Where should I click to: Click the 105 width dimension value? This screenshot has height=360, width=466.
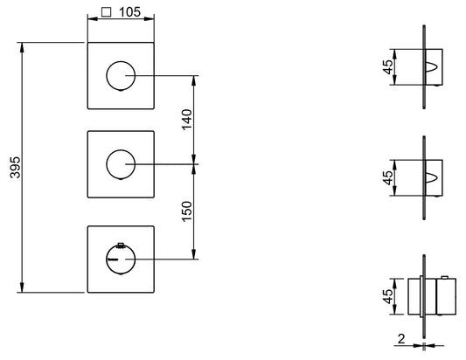point(129,12)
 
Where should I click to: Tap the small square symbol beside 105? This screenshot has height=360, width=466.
point(107,12)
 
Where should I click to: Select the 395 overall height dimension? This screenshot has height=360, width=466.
point(15,167)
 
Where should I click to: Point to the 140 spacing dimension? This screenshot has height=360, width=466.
point(187,120)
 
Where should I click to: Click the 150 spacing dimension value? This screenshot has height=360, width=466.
point(187,211)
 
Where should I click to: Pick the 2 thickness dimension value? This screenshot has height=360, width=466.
point(401,339)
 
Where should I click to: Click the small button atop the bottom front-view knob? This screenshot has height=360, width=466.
point(121,245)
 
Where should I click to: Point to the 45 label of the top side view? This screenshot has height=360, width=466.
point(388,66)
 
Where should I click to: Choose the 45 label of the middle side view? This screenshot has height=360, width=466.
point(388,177)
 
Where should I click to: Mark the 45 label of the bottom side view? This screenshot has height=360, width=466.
point(388,296)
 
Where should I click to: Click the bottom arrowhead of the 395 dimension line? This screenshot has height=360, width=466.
point(21,287)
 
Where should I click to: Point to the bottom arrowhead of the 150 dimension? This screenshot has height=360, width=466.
point(194,254)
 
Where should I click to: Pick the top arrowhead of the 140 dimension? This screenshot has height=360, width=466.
point(194,80)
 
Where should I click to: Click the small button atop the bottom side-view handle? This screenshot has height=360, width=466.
point(445,278)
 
